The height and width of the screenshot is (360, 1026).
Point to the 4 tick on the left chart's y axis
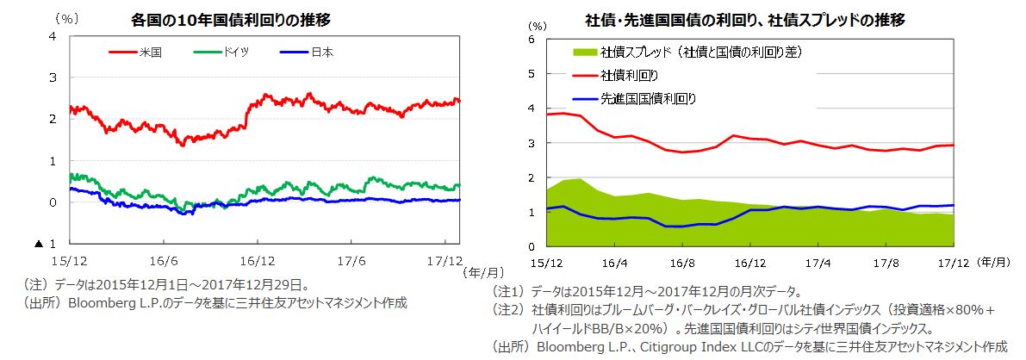click(x=53, y=36)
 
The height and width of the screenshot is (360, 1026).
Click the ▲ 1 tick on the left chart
click(x=47, y=244)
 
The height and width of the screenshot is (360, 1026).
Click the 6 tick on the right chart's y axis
click(x=532, y=40)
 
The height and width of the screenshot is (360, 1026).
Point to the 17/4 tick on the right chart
click(x=817, y=261)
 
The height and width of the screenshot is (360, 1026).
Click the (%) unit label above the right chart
click(x=537, y=27)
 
